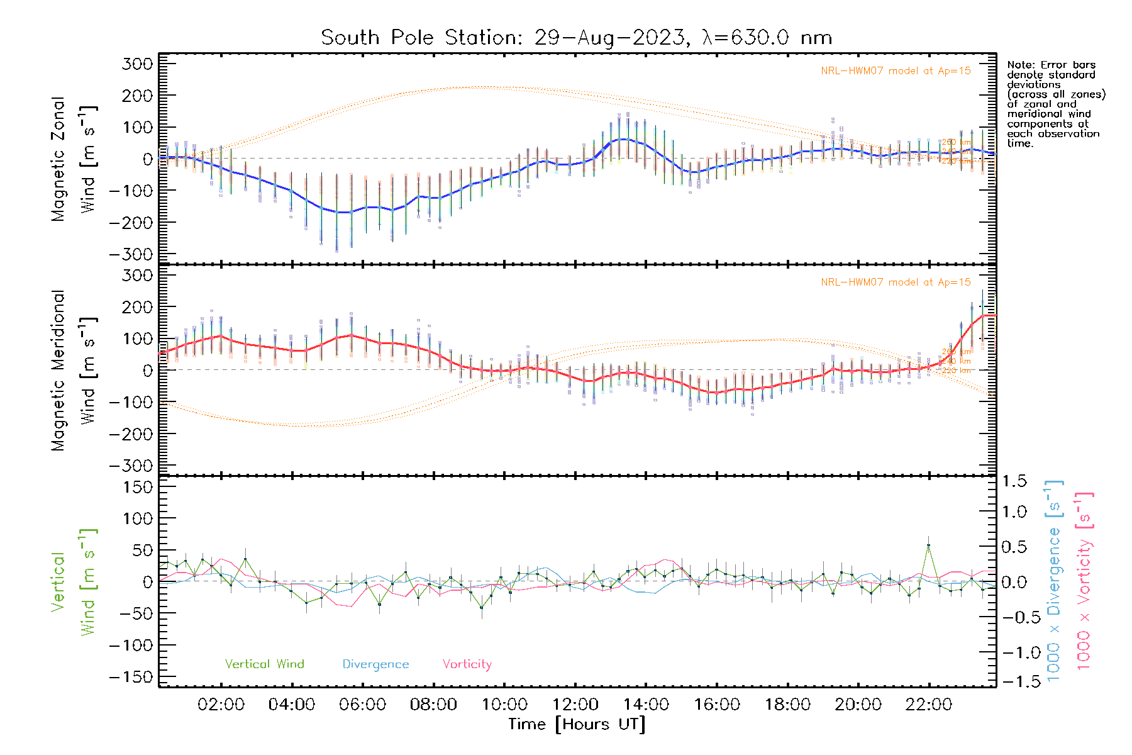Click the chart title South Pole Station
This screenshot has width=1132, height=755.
(576, 38)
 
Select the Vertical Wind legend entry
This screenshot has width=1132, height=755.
(264, 664)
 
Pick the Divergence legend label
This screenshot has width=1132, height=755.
(375, 664)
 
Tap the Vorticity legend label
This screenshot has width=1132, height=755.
(467, 664)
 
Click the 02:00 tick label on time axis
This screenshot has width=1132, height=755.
(221, 705)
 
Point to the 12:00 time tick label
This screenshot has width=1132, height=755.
(575, 705)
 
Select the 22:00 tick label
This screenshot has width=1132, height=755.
(928, 705)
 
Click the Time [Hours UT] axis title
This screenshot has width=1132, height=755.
(577, 724)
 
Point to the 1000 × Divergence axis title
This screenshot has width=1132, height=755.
(1053, 580)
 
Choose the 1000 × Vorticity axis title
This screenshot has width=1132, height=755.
(1084, 580)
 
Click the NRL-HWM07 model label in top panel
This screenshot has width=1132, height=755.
(896, 70)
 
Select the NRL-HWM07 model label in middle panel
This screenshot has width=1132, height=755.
(896, 282)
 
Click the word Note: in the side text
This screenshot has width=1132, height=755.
(1020, 65)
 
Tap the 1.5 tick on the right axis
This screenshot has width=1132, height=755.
(1014, 481)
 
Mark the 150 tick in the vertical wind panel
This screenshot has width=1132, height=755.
(138, 487)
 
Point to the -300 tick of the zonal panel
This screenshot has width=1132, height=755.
(131, 254)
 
